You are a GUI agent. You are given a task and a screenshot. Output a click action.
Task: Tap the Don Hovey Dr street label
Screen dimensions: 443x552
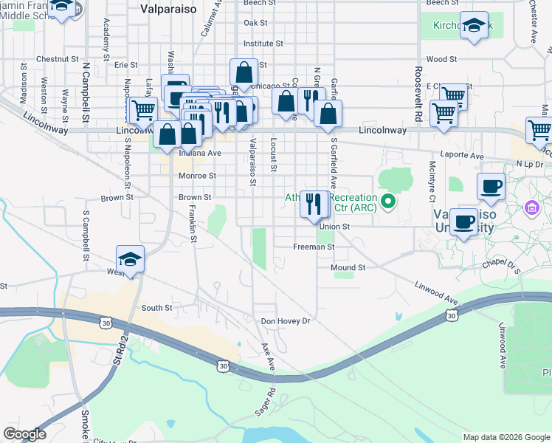click(286, 321)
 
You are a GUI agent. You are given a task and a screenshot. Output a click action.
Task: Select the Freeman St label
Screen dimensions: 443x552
click(314, 247)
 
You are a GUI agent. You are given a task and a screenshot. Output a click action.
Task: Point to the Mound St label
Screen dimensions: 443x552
click(348, 267)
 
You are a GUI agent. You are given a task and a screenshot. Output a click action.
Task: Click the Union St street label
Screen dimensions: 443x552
click(334, 227)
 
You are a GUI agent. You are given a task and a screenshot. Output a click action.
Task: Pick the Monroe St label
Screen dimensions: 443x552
click(197, 176)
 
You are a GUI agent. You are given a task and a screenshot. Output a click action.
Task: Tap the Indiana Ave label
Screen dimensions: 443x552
click(199, 154)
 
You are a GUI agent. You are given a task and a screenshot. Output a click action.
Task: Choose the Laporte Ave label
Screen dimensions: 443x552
click(466, 157)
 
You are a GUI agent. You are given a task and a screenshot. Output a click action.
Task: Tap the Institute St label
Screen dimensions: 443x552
click(263, 44)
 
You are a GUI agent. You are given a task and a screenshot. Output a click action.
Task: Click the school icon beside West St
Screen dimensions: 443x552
click(130, 261)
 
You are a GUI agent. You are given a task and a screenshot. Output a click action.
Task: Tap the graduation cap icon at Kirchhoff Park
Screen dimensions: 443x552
click(475, 27)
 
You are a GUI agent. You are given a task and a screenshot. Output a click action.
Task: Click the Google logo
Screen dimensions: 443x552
click(24, 434)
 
